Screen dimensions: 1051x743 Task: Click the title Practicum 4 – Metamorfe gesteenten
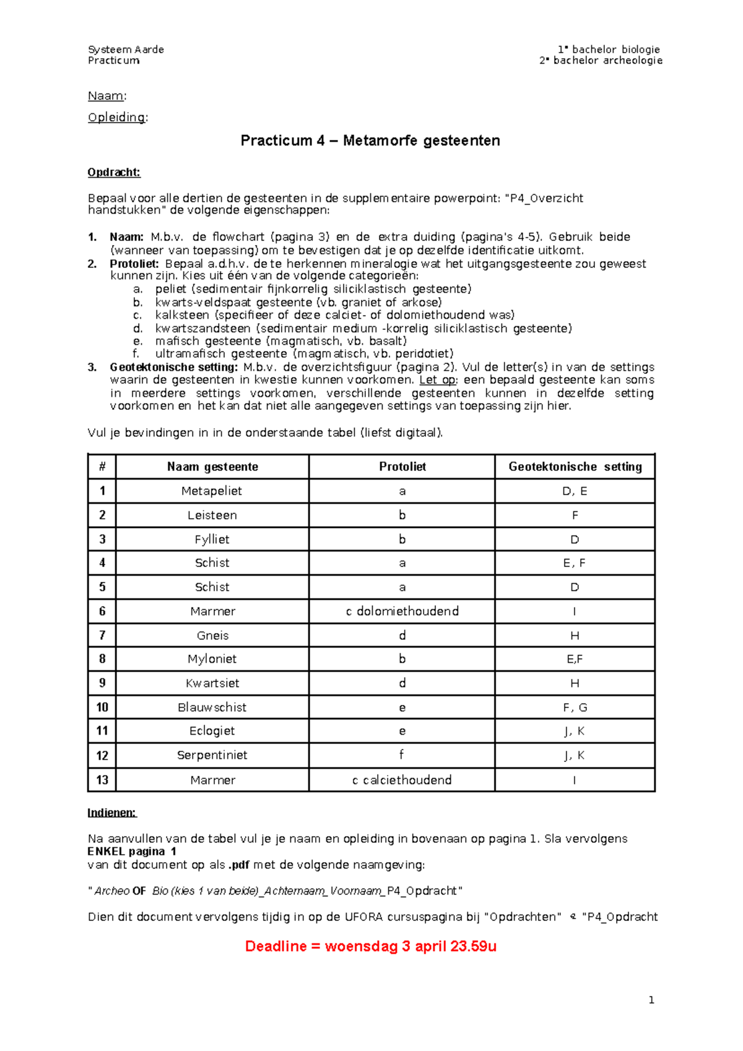370,141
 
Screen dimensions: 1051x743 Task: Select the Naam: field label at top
107,96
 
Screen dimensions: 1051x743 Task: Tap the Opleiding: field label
118,118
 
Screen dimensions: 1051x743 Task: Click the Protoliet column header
402,467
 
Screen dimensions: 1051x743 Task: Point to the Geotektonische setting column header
575,467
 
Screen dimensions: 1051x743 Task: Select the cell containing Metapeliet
212,491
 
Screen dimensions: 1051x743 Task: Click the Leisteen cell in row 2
212,515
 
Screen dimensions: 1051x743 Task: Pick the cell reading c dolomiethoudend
402,611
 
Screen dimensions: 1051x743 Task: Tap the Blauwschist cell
212,707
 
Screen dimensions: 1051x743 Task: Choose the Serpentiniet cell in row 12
212,755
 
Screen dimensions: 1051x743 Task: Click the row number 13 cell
102,780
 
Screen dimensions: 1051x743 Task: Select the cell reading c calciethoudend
402,780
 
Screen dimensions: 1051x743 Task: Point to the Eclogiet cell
212,731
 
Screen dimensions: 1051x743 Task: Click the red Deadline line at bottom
370,946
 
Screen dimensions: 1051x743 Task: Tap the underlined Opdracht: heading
114,173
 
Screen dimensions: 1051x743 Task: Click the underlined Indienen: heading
111,813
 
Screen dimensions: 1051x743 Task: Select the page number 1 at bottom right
651,1000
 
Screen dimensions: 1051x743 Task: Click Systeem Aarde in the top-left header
126,50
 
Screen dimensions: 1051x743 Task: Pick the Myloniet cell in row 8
212,659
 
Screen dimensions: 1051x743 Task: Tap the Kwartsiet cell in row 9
212,683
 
